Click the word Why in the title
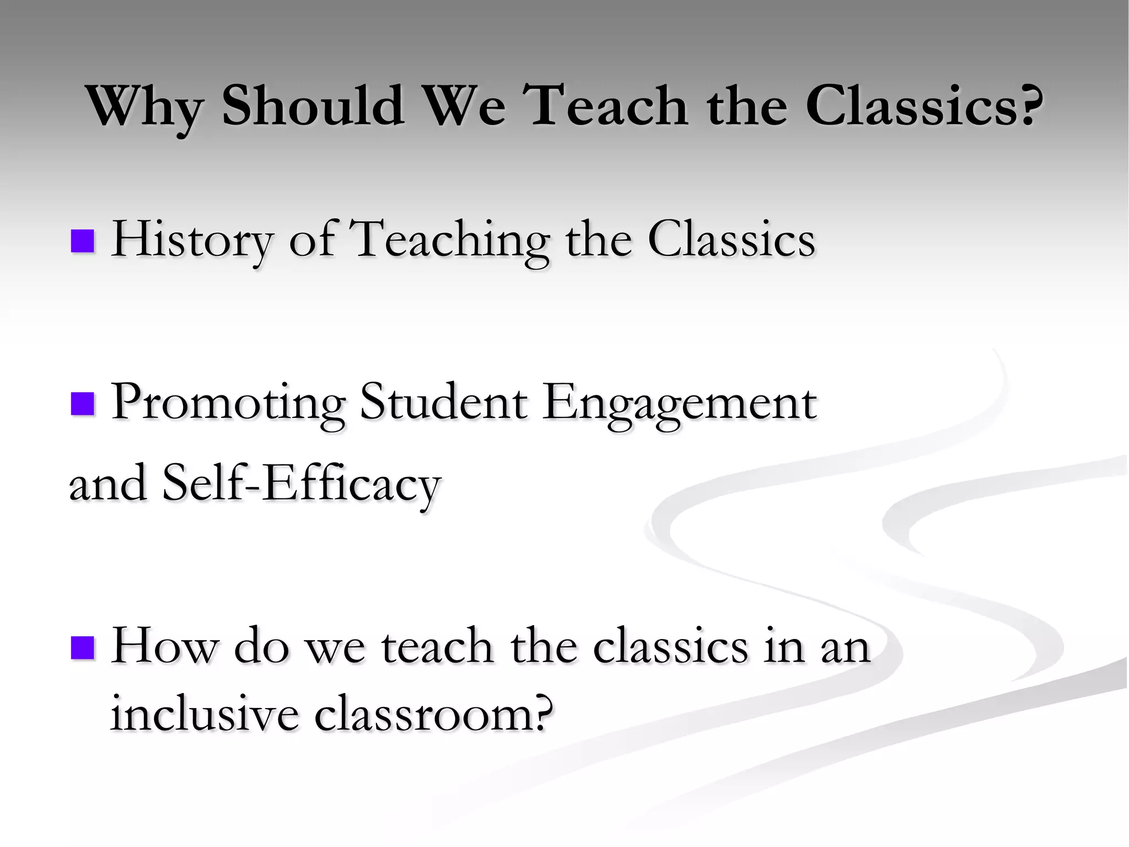(x=146, y=108)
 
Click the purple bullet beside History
(x=83, y=241)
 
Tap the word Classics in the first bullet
(x=731, y=240)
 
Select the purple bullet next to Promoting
(x=83, y=404)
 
